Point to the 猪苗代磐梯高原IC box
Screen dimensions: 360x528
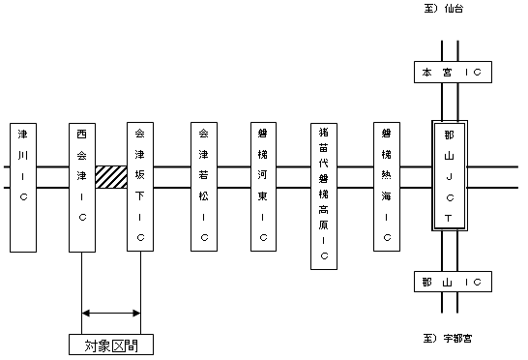[324, 194]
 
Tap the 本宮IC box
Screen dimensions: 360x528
[448, 73]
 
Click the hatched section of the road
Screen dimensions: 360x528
[111, 177]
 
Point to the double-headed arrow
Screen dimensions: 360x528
[111, 313]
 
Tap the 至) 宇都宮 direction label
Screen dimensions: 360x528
[448, 339]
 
